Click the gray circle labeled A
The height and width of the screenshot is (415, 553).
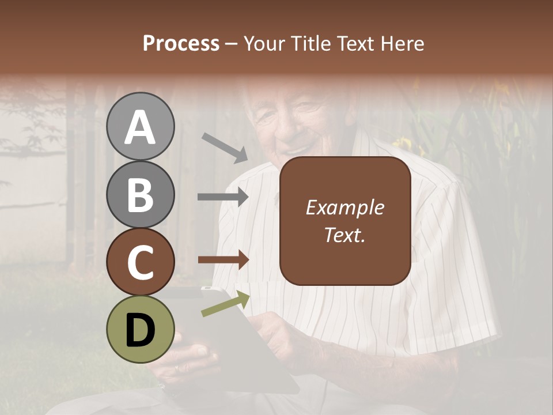click(140, 127)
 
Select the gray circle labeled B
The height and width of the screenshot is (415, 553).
click(140, 194)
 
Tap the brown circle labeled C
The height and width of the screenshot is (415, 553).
click(140, 262)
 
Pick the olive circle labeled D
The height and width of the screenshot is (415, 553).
click(140, 329)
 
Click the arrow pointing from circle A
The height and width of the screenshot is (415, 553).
click(225, 148)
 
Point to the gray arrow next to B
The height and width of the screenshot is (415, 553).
click(223, 197)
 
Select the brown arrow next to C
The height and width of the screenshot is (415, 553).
click(223, 259)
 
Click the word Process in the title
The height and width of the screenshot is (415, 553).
click(181, 43)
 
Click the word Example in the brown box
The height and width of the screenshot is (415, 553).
click(344, 207)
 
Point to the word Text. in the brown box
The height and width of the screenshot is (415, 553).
click(344, 235)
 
